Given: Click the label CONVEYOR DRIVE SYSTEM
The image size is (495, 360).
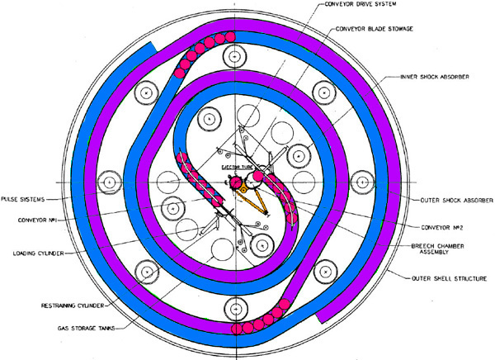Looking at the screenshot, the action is click(360, 4).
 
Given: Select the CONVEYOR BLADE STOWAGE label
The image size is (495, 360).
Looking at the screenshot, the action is click(374, 29).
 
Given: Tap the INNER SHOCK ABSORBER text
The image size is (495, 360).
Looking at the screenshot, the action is click(435, 77).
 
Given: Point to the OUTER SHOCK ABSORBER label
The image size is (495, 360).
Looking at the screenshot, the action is click(456, 201).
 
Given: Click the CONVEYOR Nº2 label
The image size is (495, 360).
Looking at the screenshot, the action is click(442, 228).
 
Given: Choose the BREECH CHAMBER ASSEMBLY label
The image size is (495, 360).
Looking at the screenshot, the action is click(437, 249).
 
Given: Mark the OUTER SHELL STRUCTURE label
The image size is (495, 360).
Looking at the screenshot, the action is click(449, 279).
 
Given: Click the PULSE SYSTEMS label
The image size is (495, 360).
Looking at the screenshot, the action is click(23, 200).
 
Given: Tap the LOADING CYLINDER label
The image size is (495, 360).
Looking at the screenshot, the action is click(39, 253).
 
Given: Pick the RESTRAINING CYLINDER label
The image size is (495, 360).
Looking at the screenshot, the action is click(73, 306).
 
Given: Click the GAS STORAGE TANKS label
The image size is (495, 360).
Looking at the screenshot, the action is click(86, 328).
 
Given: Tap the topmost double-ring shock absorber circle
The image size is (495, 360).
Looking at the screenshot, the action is click(235, 56).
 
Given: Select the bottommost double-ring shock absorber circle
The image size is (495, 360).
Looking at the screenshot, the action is click(235, 309).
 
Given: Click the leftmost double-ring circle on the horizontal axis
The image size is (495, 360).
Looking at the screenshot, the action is click(109, 182).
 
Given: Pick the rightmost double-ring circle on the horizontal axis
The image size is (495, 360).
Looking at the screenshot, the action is click(362, 182).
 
